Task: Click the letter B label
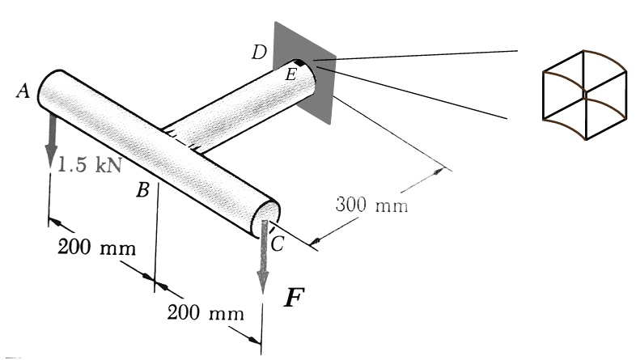pos(142,191)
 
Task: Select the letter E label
pos(290,75)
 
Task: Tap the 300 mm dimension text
pos(371,205)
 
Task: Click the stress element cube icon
pos(583,95)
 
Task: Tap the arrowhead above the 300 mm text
pos(440,171)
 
